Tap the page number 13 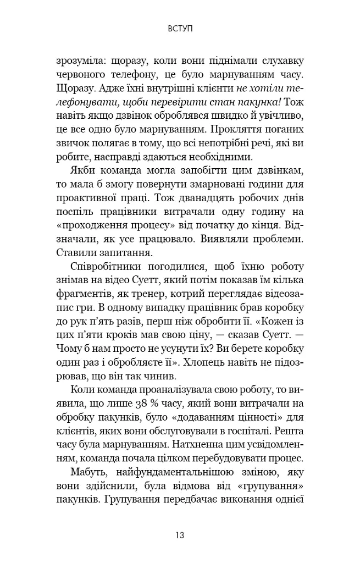[180, 534]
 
